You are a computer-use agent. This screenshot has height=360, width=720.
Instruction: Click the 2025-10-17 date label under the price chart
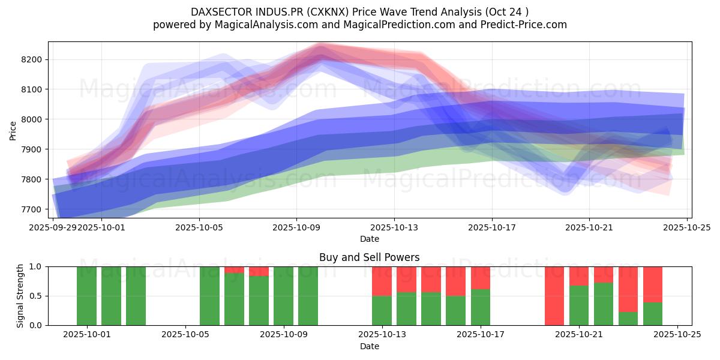point(491,228)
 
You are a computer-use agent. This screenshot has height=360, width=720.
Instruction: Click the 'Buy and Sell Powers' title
point(369,257)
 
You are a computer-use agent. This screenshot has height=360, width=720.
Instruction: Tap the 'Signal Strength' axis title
point(20,296)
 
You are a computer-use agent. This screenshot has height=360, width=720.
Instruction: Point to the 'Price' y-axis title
point(13,130)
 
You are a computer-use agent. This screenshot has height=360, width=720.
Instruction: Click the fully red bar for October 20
point(554,296)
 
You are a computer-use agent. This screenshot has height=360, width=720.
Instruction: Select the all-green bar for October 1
point(87,296)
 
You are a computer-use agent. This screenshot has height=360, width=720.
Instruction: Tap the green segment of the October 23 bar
point(628,319)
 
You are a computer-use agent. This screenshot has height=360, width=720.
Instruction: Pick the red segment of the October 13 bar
point(382,281)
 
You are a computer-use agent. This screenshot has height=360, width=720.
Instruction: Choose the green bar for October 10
point(308,296)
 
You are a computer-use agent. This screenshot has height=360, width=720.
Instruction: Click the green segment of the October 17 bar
point(481,307)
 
